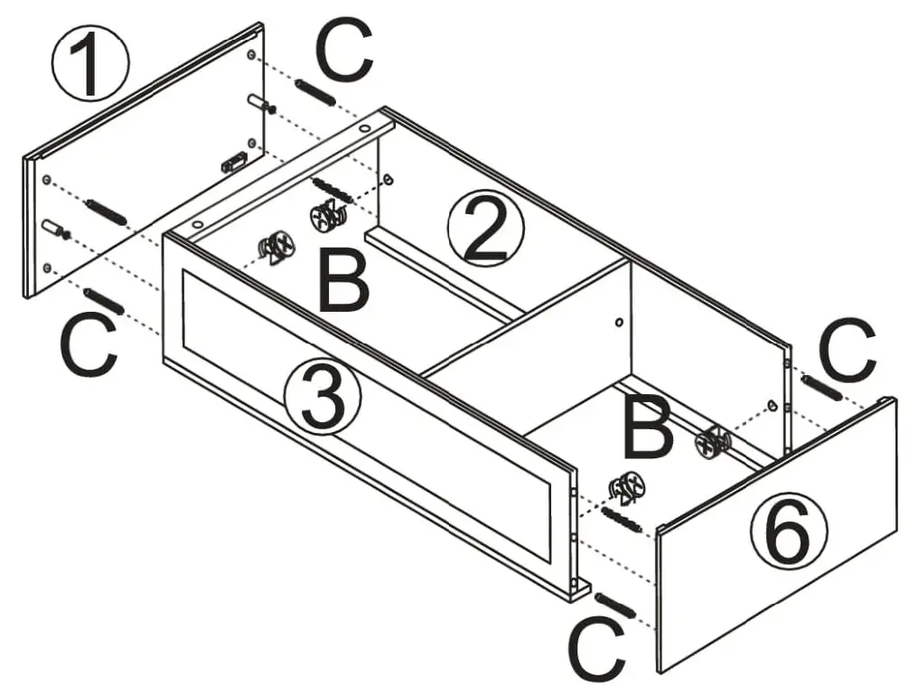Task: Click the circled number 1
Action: click(x=90, y=64)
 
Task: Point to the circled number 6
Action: click(x=788, y=533)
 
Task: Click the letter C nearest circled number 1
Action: click(x=344, y=53)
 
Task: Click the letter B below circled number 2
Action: click(x=343, y=282)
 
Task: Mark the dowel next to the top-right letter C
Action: click(x=822, y=387)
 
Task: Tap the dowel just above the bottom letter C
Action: click(x=616, y=606)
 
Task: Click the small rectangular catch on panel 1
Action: click(x=234, y=162)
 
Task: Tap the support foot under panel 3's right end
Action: click(x=576, y=590)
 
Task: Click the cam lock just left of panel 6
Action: click(x=713, y=442)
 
